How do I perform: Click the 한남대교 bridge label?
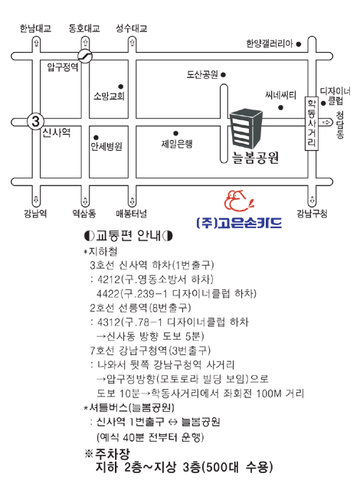35,29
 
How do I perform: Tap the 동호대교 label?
84,29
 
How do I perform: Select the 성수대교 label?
132,29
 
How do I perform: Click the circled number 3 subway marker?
35,121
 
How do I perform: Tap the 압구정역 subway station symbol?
85,56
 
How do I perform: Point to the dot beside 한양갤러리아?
299,44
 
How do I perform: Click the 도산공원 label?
202,75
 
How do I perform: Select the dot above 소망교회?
120,87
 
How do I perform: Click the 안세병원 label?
106,146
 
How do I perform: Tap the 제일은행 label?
177,144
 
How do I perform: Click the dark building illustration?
246,128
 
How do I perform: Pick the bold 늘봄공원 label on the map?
255,157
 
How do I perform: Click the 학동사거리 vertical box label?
312,124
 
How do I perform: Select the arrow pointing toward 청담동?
326,122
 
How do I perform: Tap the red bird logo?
238,201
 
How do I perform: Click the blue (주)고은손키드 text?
239,223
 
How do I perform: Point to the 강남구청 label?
312,214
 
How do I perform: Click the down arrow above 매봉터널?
133,201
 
